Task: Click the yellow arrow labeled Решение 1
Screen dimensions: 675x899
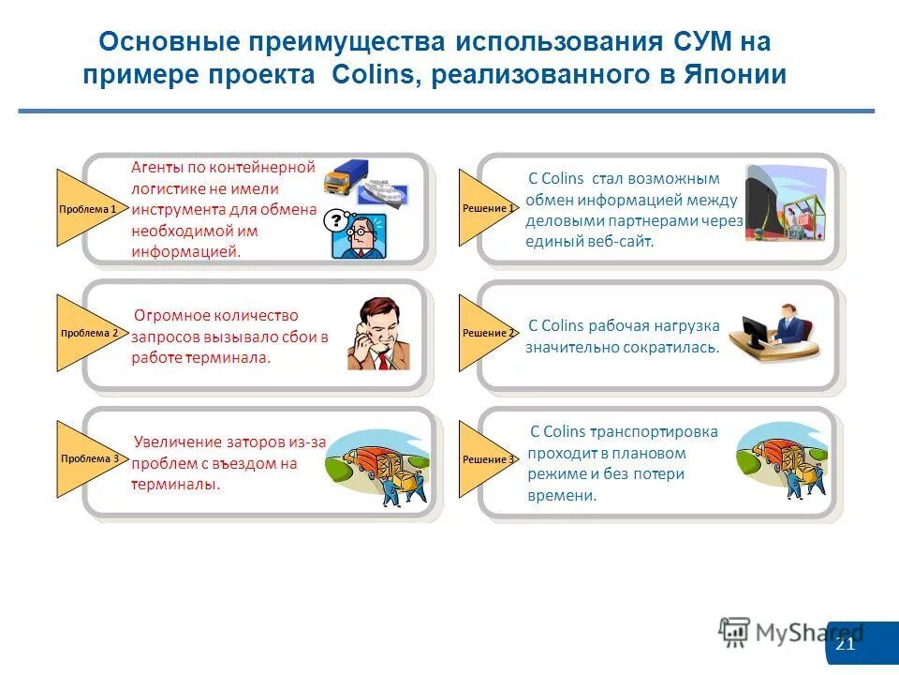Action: coord(485,207)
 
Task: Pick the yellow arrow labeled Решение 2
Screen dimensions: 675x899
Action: coord(485,333)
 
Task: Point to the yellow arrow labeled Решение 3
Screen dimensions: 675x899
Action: coord(485,459)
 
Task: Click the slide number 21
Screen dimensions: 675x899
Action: coord(845,644)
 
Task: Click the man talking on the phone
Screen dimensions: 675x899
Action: coord(377,334)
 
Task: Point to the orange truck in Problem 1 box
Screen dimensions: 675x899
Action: coord(345,179)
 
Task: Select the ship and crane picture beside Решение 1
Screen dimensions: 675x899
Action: coord(785,203)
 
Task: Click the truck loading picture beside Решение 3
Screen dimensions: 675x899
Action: coord(782,460)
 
